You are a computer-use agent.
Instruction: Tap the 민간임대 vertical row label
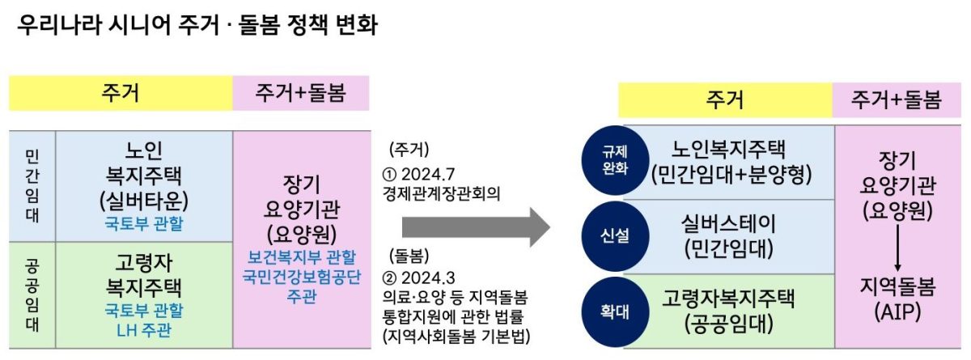[32, 187]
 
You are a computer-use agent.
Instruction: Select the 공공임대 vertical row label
[32, 296]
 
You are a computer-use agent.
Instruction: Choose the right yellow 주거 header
[725, 101]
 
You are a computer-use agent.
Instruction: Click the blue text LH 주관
[143, 329]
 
